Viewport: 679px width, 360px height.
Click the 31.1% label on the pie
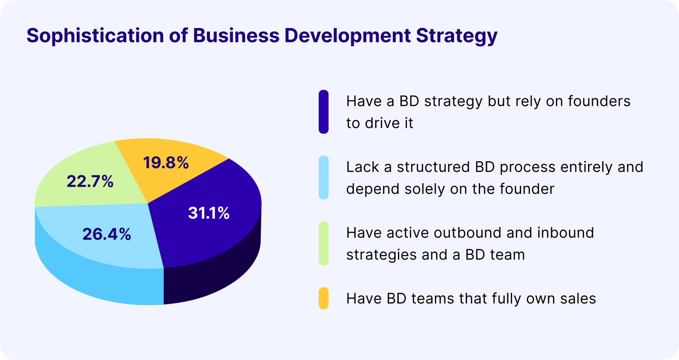pyautogui.click(x=209, y=213)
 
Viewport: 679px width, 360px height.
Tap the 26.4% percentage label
pyautogui.click(x=107, y=234)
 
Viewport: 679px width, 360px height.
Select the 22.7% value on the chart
pyautogui.click(x=90, y=181)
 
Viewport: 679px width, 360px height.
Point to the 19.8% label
pyautogui.click(x=166, y=163)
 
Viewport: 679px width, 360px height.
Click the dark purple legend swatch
pyautogui.click(x=323, y=112)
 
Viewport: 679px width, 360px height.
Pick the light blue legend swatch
pyautogui.click(x=323, y=178)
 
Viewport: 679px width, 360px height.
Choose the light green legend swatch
pyautogui.click(x=323, y=243)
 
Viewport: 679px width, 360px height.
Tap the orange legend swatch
pyautogui.click(x=323, y=298)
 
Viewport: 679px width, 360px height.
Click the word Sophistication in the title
pyautogui.click(x=95, y=36)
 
